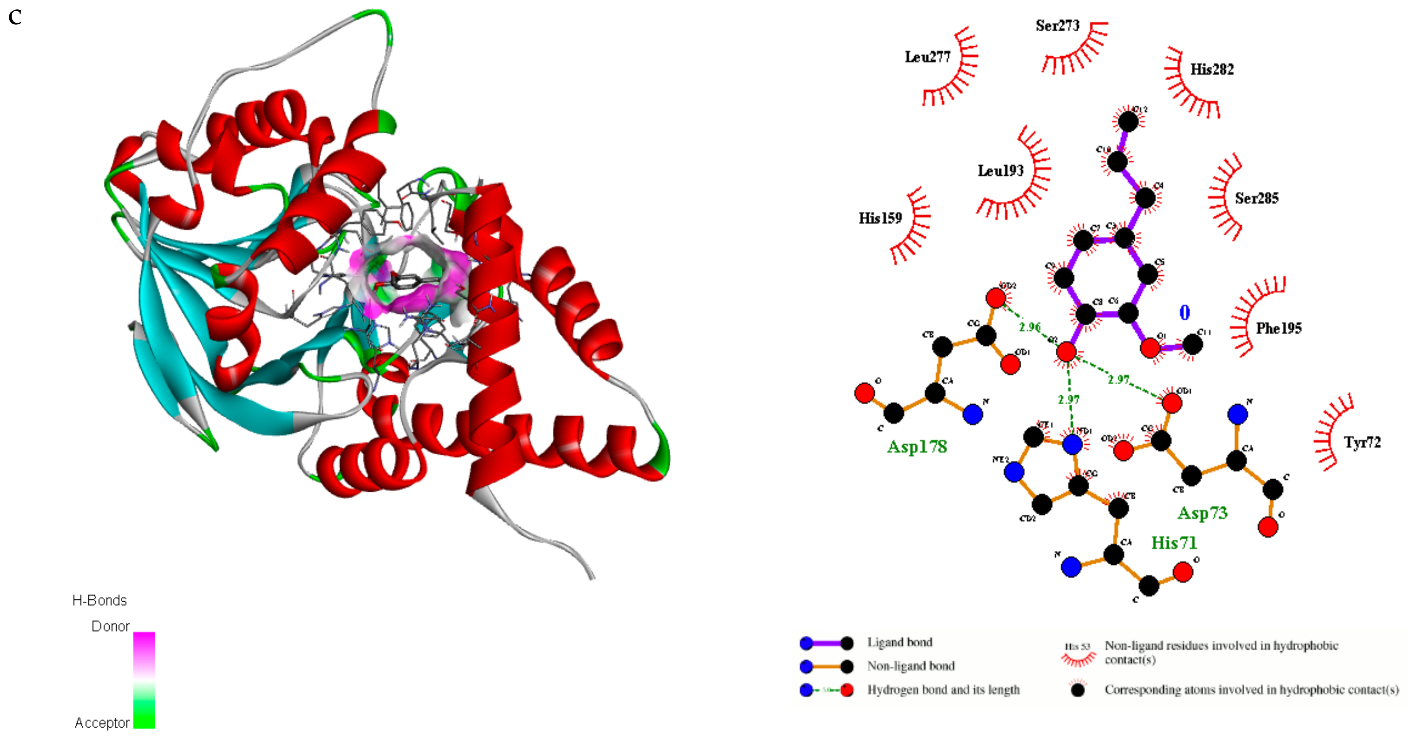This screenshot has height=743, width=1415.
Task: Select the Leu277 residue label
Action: point(927,57)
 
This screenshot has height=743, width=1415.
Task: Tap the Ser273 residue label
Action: point(1058,26)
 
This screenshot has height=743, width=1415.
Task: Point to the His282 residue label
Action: point(1212,70)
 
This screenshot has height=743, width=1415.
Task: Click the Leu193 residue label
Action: point(1000,171)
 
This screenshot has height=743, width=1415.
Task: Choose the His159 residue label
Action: point(880,219)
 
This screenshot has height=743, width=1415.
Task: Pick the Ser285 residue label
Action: point(1256,198)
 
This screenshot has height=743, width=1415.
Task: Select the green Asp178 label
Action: point(917,447)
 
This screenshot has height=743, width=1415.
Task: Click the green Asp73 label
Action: point(1202,513)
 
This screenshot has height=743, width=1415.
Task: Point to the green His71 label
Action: point(1174,543)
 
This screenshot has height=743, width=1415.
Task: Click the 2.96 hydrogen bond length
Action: point(1030,327)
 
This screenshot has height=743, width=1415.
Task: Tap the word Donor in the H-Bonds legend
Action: point(110,627)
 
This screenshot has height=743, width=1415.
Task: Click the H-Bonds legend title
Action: point(100,601)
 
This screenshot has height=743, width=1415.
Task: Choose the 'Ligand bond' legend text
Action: point(899,642)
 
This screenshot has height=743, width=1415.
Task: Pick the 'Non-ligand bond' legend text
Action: point(911,666)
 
